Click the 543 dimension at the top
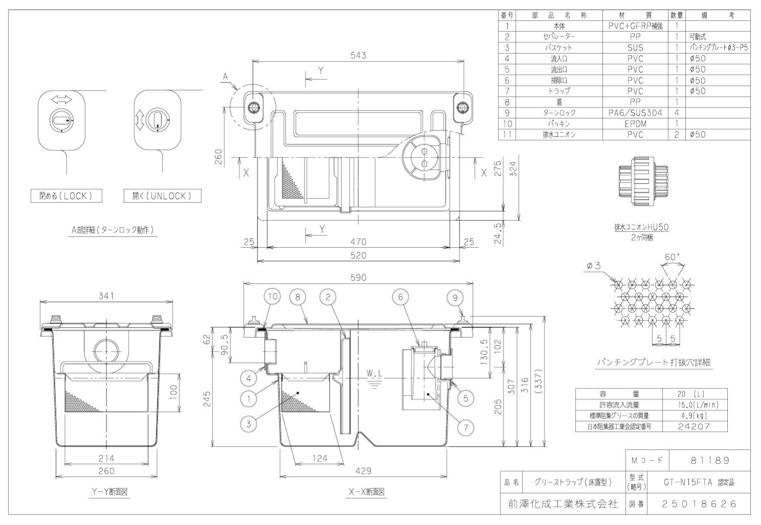[x=358, y=55]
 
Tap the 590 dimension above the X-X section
[x=358, y=277]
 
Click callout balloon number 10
[x=273, y=296]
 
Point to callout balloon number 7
[x=465, y=428]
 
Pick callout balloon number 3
[x=249, y=423]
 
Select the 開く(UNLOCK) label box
[x=162, y=195]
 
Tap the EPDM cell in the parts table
[x=635, y=124]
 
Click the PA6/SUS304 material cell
[x=635, y=113]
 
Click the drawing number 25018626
[x=699, y=504]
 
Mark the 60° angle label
[x=672, y=256]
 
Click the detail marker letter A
[x=224, y=77]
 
